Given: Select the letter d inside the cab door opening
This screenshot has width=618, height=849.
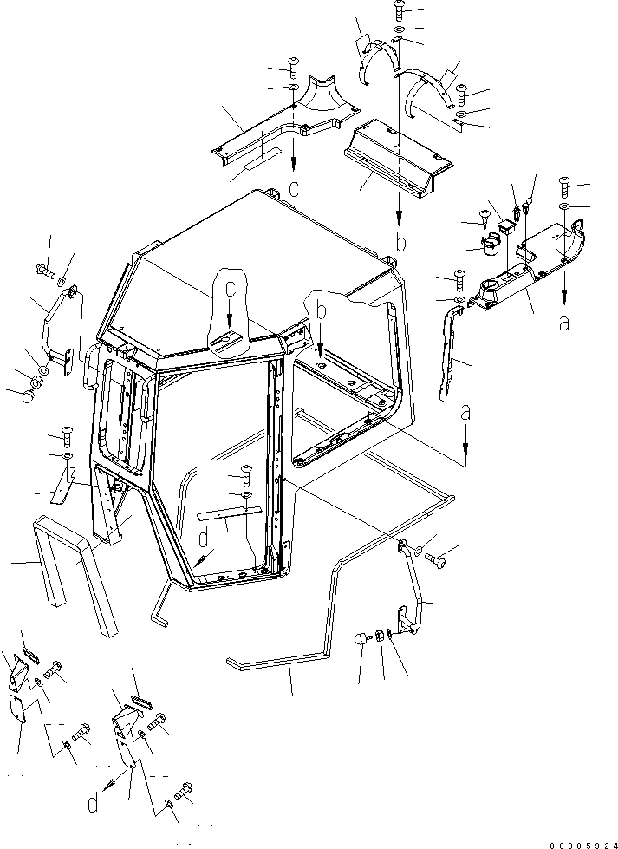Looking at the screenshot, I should tap(204, 541).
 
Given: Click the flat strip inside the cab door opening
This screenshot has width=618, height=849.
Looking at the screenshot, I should tap(226, 516).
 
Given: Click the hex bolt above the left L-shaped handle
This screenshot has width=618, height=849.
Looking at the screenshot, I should tap(45, 271).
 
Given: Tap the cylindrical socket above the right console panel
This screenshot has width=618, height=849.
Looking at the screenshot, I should tap(490, 247).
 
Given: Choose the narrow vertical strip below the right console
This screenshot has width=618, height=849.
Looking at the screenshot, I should tap(448, 356).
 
